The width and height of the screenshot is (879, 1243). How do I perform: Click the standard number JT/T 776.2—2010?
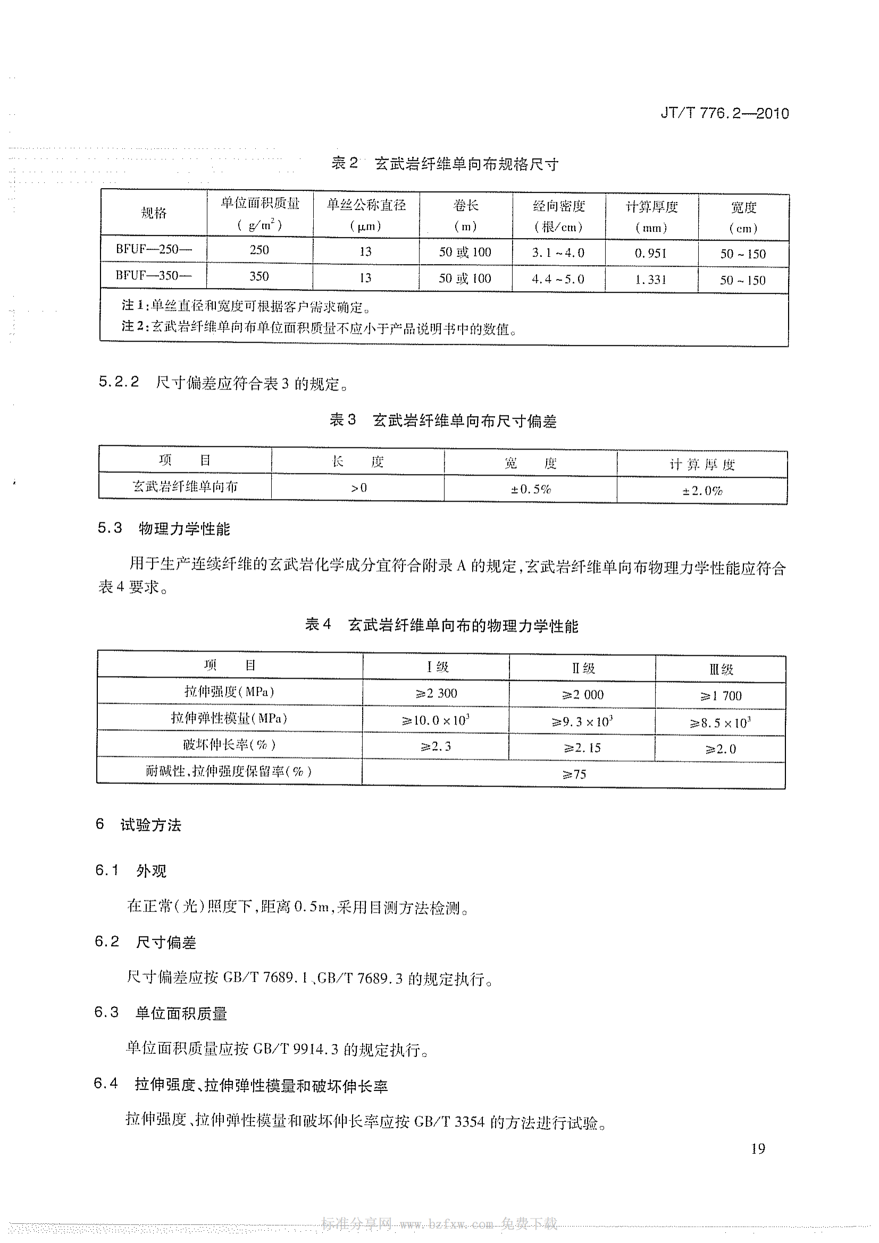coord(724,114)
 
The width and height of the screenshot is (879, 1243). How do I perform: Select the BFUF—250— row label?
coord(153,250)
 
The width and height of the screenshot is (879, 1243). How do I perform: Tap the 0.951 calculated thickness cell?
coord(650,253)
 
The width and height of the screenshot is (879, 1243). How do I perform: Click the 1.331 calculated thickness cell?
coord(650,280)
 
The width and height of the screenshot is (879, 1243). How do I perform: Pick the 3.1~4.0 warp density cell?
coord(558,252)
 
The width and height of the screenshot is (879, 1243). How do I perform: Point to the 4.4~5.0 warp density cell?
coord(558,279)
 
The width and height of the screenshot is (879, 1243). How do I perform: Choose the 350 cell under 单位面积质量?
coord(259,276)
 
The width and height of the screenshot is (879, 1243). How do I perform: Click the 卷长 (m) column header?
coord(465,215)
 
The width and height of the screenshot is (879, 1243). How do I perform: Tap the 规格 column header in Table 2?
coord(153,213)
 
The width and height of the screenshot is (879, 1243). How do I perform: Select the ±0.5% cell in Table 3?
coord(530,489)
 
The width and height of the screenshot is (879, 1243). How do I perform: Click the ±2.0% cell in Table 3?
coord(702,491)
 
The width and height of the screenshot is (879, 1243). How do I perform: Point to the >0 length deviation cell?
coord(358,488)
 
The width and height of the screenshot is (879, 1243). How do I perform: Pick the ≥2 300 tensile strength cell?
coord(436,693)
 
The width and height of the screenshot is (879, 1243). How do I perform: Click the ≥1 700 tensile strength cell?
coord(721,696)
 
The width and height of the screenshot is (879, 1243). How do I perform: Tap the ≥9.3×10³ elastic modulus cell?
coord(582,722)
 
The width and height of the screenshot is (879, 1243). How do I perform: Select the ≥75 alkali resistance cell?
coord(574,774)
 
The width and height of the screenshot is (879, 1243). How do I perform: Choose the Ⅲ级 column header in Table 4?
coord(721,669)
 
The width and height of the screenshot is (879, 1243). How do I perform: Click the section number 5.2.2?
coord(119,382)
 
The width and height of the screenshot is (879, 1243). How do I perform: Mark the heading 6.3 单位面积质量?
coord(160,1013)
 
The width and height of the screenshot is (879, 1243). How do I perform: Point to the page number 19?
coord(758,1148)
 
